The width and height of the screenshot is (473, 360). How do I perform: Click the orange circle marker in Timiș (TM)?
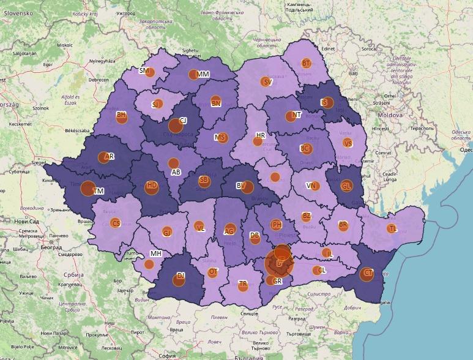(88, 189)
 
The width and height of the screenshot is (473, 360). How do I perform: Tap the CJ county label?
(182, 121)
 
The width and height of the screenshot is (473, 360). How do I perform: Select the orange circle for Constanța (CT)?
(368, 273)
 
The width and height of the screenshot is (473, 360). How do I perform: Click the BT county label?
(307, 63)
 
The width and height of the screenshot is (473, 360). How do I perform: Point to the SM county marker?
(151, 72)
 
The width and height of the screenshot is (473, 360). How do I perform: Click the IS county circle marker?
(327, 102)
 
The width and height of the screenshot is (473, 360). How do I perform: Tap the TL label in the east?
(393, 228)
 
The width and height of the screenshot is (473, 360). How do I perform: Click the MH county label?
(155, 253)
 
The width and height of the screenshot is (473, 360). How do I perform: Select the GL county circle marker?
(346, 186)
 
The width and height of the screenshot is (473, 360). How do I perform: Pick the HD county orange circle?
(151, 187)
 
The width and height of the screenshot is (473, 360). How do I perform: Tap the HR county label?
(261, 135)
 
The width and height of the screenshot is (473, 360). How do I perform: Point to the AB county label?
(176, 173)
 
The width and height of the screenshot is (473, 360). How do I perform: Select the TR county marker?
(243, 285)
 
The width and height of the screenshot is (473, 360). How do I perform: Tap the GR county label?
(278, 281)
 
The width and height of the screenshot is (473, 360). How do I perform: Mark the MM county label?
(203, 74)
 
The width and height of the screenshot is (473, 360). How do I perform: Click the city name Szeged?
(39, 163)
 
